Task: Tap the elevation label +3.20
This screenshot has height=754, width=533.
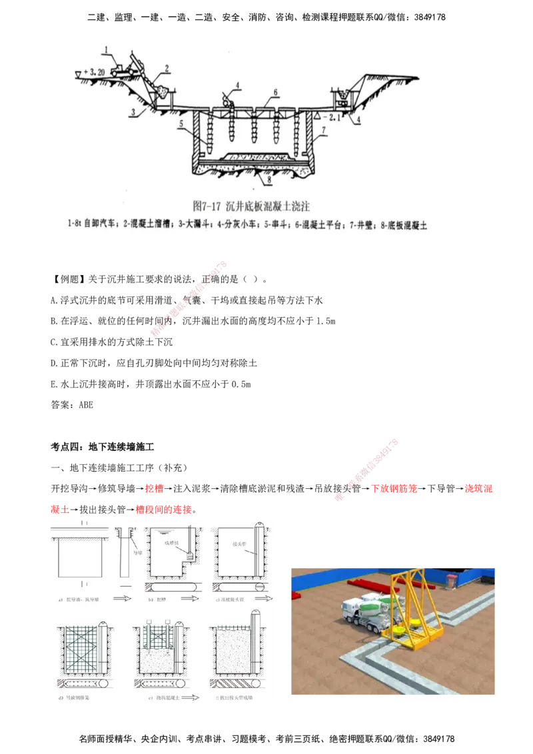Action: pos(93,71)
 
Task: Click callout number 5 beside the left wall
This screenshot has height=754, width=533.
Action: pos(180,123)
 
